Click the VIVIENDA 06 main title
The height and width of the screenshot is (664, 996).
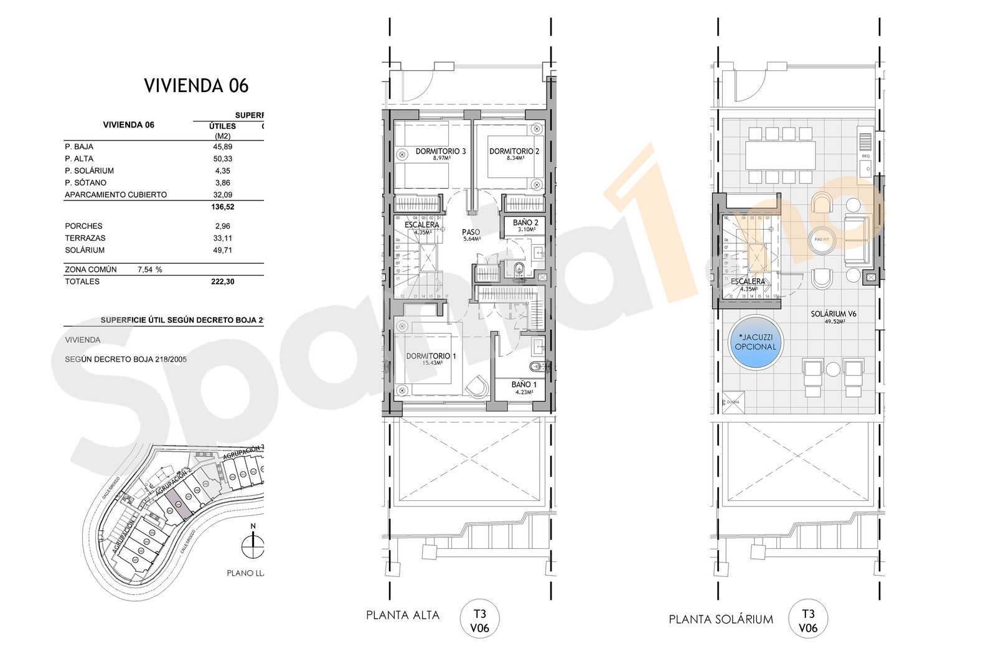pos(196,86)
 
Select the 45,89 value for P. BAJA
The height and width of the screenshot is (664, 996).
pos(222,147)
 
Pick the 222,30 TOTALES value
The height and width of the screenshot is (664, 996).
pos(222,282)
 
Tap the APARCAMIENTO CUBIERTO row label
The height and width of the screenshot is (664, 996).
pos(116,195)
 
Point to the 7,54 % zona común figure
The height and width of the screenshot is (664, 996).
pos(149,270)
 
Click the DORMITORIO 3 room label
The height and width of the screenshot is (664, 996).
pos(441,151)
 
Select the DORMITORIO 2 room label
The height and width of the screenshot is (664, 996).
pos(514,151)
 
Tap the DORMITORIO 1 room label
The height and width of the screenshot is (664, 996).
pos(431,356)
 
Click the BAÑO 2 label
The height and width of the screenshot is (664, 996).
pos(525,223)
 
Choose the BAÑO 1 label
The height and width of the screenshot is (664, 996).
pos(524,385)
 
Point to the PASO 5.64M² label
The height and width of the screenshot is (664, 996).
pos(471,234)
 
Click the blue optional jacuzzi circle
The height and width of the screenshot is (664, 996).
pos(756,343)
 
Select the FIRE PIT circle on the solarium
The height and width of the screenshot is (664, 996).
pos(822,240)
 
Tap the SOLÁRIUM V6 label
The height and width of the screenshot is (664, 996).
pos(834,314)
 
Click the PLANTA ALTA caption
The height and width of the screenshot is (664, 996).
pos(403,615)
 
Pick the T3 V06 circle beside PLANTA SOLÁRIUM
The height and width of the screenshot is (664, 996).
pos(808,619)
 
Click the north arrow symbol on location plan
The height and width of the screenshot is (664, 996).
pos(253,545)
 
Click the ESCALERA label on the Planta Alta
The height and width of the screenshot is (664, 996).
pos(421,225)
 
